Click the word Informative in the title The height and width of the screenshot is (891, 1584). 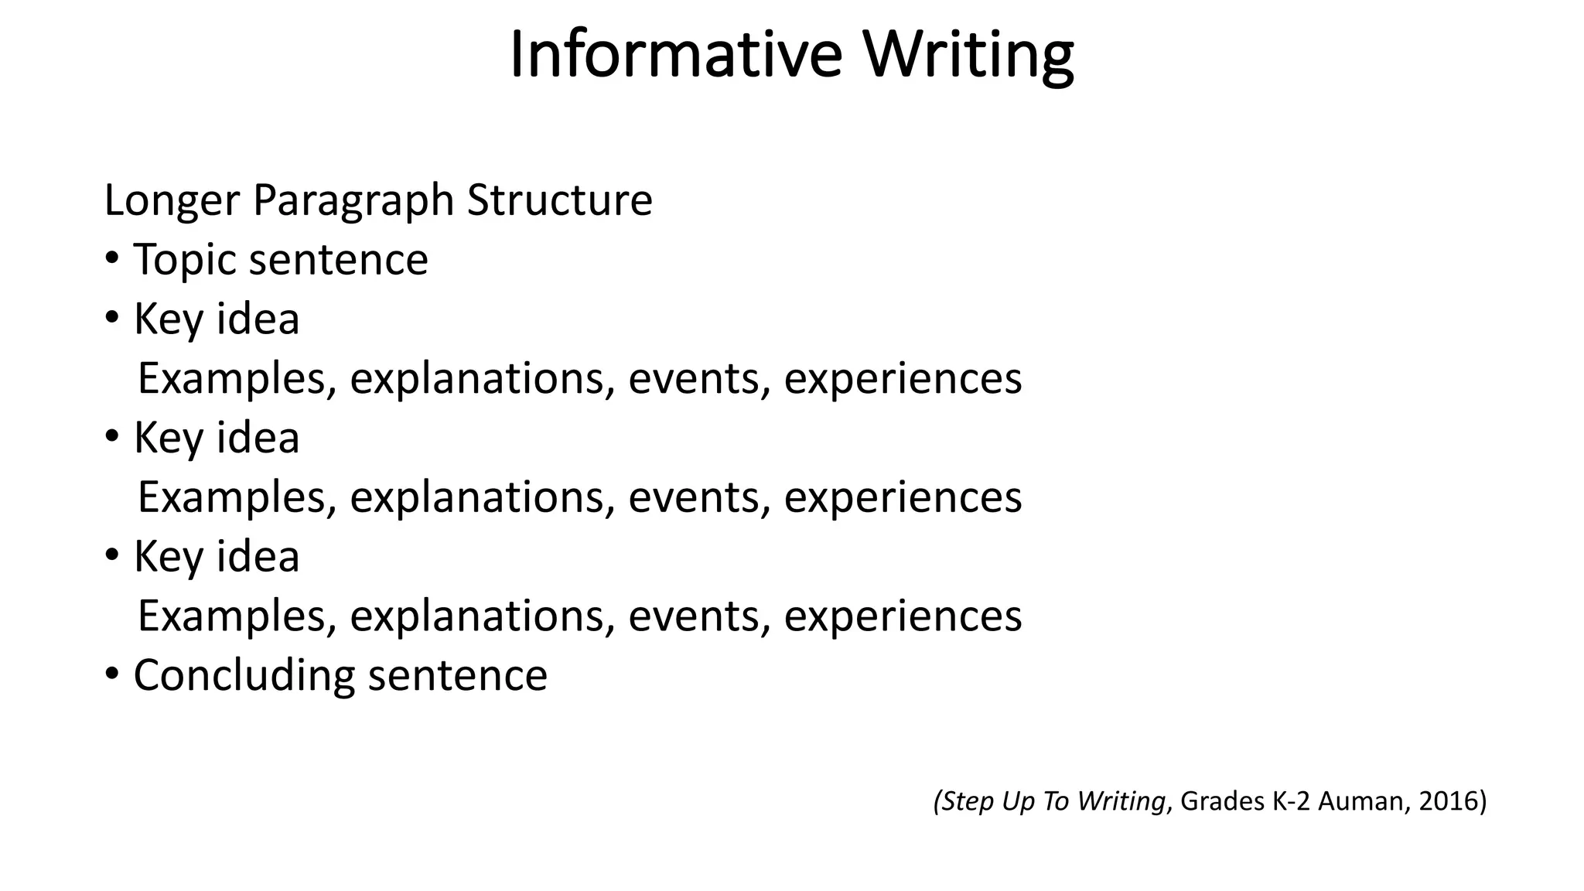675,54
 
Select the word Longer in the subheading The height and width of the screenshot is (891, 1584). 172,200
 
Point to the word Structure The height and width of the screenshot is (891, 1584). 560,200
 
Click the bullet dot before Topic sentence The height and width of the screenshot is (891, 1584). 112,258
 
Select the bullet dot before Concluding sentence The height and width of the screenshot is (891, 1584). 112,674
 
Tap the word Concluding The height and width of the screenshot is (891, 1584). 244,676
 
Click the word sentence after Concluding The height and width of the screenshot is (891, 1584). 458,675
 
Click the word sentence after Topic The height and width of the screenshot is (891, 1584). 338,260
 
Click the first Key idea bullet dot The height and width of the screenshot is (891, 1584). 112,318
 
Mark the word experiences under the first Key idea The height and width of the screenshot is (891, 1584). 903,380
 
